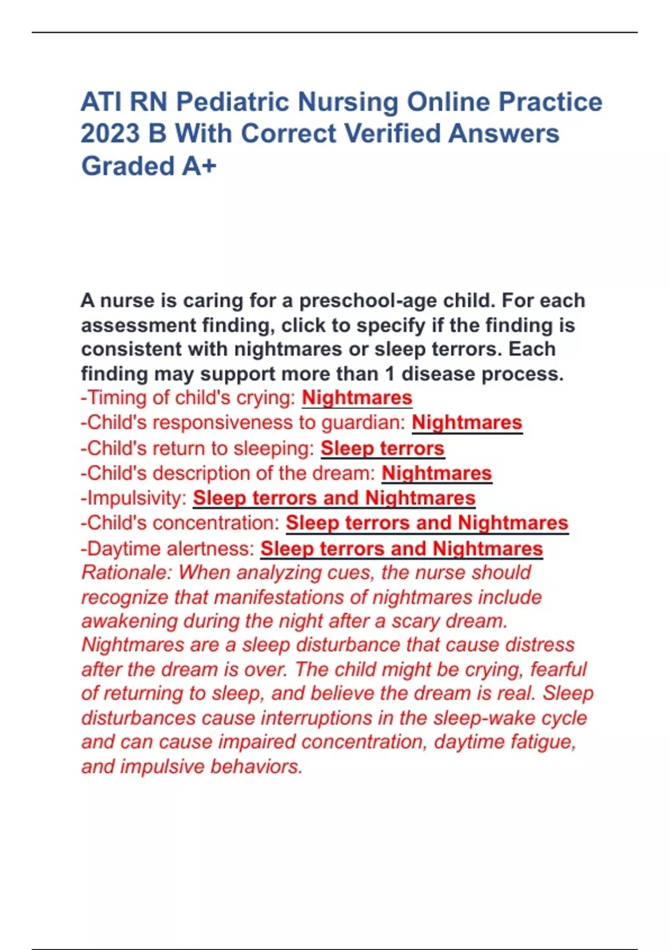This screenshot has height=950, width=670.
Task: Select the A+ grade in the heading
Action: (x=199, y=167)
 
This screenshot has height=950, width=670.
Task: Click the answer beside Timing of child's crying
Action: (x=357, y=398)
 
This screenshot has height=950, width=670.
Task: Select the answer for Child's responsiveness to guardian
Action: (x=467, y=422)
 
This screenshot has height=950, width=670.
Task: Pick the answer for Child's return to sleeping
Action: (x=382, y=448)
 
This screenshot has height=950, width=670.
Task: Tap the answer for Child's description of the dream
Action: (x=437, y=473)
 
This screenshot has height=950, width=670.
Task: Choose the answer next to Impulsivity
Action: (x=334, y=498)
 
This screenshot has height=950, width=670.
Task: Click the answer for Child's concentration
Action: (x=427, y=523)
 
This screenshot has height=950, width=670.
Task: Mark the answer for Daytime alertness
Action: (x=401, y=549)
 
